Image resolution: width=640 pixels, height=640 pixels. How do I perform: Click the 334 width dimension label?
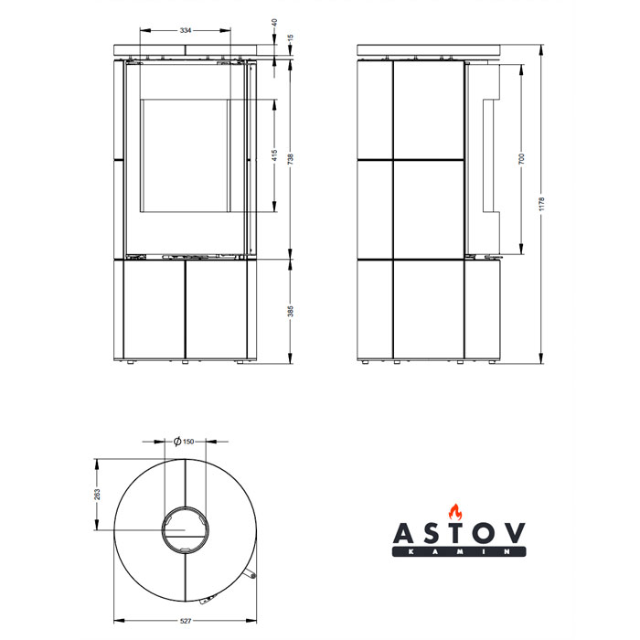click(186, 30)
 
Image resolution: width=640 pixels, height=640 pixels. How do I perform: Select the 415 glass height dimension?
click(274, 155)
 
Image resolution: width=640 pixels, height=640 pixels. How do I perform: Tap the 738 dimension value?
click(291, 159)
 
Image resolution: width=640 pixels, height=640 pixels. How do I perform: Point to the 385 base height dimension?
click(291, 311)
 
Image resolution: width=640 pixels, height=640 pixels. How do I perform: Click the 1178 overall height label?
click(541, 204)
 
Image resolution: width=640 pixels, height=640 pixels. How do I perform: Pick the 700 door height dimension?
click(521, 159)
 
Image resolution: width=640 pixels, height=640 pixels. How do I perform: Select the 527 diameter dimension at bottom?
click(186, 621)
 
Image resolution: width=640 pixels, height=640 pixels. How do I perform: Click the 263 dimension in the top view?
click(97, 495)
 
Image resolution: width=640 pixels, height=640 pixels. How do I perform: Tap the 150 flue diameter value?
click(188, 442)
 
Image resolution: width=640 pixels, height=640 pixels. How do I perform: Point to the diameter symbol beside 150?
click(177, 442)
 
